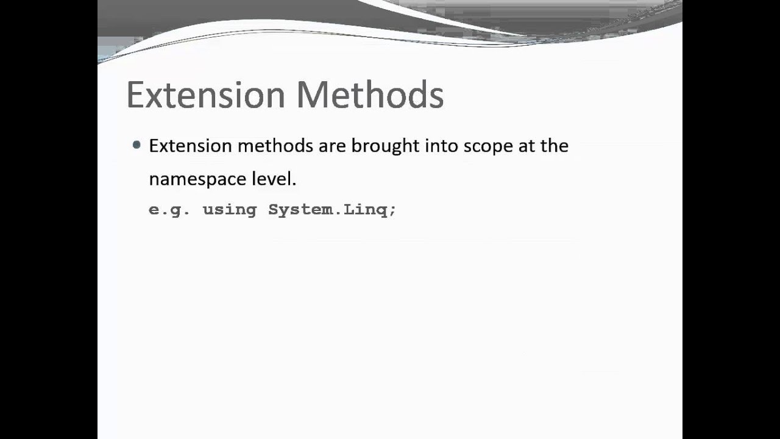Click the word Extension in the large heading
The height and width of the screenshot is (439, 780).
205,95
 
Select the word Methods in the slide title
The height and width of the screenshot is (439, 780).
370,95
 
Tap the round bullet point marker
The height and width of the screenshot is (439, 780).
136,145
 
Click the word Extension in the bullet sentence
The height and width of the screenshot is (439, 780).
190,146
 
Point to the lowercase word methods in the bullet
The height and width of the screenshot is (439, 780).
275,146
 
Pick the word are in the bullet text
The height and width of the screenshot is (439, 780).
332,146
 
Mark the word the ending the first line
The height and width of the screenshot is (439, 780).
555,146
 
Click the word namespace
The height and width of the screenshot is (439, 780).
197,179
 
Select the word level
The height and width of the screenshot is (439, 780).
272,179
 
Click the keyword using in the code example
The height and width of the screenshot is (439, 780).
229,210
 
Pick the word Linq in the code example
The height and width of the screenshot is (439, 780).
365,210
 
